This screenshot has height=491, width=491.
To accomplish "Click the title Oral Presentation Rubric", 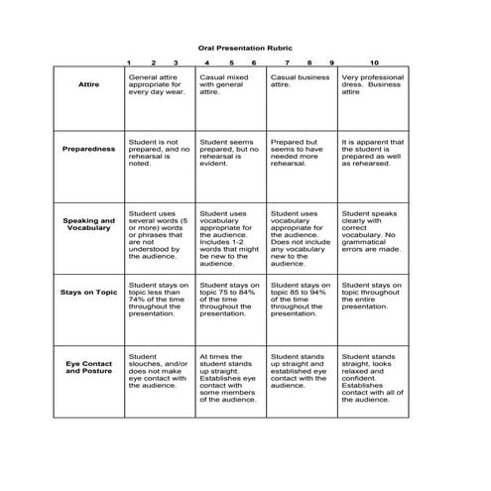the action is pos(245,47).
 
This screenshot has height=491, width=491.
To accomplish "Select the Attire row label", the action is pos(88,85).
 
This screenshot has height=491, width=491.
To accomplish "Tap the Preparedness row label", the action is pos(88,149).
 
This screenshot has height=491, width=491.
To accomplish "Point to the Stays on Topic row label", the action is pos(88,292).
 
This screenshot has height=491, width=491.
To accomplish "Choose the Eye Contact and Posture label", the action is pos(88,369).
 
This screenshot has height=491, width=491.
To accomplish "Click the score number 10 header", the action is pos(374,62).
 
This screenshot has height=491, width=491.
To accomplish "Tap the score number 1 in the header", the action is pos(129,62).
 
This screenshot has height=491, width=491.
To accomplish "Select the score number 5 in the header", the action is pos(230,62).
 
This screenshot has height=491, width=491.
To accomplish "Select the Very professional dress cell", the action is pos(372,85).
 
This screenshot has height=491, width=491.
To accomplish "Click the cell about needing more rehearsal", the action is pos(301,153).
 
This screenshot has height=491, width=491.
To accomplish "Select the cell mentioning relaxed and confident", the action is pos(372,377).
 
